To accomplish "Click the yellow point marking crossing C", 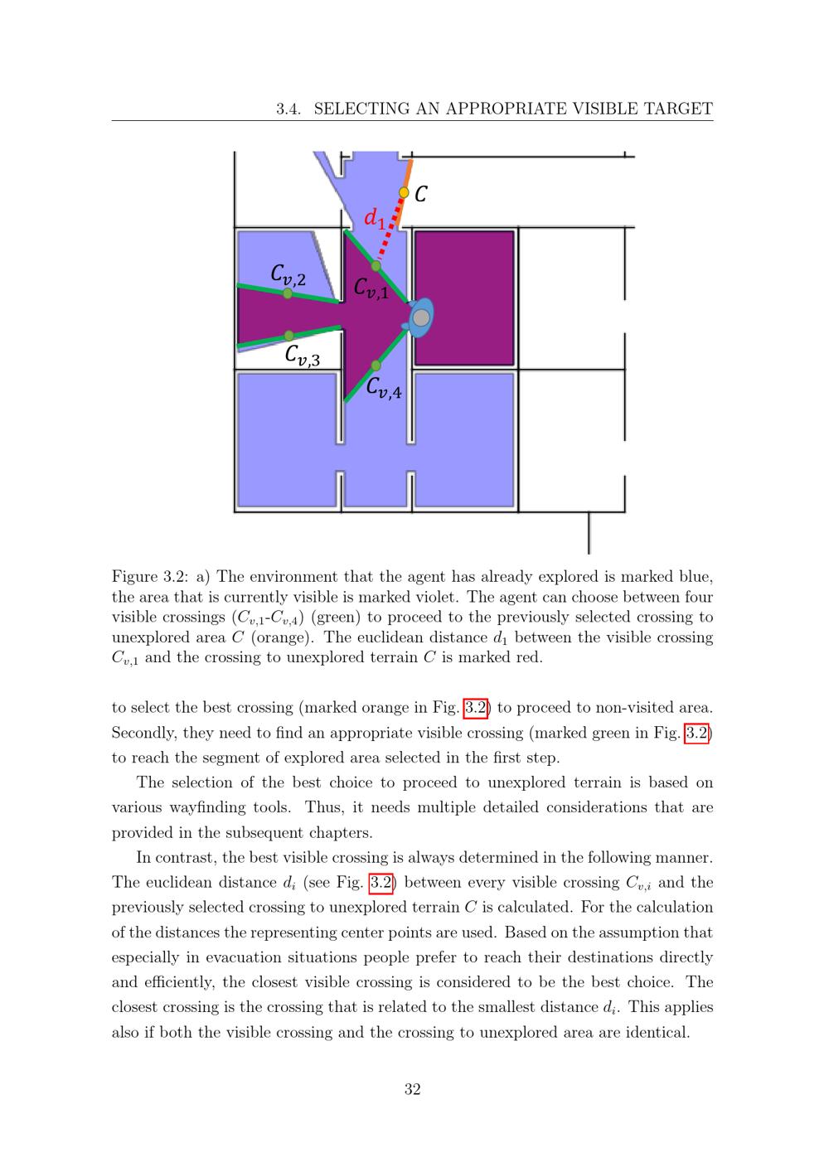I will [404, 192].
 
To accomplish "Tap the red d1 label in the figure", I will [375, 218].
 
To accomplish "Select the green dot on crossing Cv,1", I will [376, 266].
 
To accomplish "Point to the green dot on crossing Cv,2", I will [288, 293].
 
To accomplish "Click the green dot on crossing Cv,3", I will [288, 336].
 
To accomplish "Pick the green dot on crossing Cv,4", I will [376, 366].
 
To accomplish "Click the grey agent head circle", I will [421, 317].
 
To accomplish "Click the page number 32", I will [412, 1090].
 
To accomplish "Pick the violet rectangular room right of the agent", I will [464, 298].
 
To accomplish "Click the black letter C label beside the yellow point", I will [421, 194].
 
